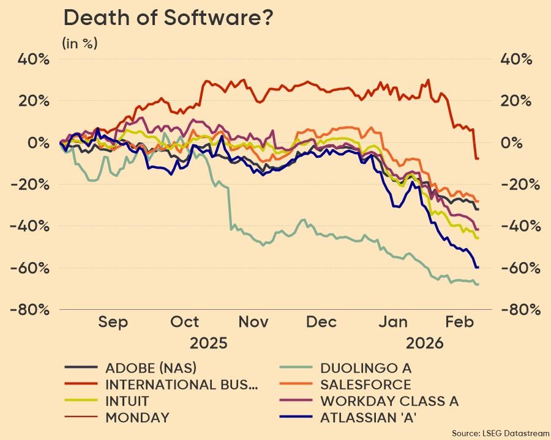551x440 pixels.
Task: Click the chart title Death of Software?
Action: click(168, 18)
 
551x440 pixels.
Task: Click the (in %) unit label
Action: click(80, 43)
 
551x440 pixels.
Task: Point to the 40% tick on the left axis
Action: click(34, 59)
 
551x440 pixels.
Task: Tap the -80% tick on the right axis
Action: click(520, 309)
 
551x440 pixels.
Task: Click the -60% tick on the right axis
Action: click(520, 268)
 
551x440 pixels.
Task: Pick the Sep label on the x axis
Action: click(113, 322)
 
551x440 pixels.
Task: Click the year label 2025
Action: click(208, 342)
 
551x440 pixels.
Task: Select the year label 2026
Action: click(425, 342)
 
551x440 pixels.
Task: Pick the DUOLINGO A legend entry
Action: click(365, 368)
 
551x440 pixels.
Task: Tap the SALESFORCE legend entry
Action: click(365, 384)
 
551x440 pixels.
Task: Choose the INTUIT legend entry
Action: click(127, 402)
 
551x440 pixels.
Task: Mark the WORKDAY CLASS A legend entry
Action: click(389, 402)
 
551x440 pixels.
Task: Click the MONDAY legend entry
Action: click(137, 418)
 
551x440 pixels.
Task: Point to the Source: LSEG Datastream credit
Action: click(500, 433)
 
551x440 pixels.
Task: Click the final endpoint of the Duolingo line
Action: click(478, 284)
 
